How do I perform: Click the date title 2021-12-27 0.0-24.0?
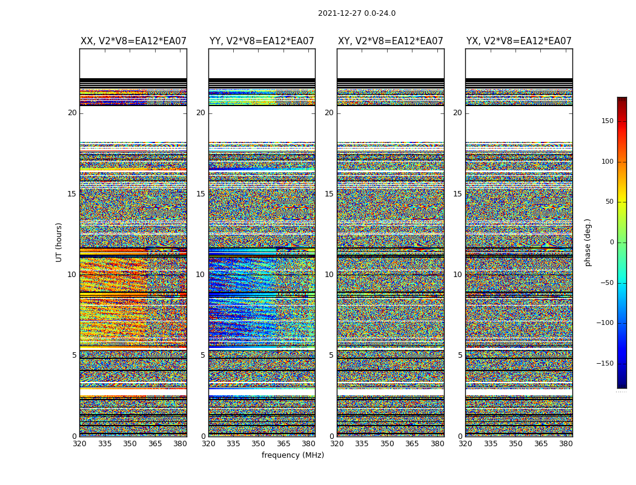point(356,13)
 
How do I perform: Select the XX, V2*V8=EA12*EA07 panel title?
point(133,41)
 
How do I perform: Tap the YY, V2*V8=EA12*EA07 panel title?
point(262,41)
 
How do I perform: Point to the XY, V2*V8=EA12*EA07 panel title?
point(390,41)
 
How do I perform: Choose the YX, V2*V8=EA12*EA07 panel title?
point(518,41)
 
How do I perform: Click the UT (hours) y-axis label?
point(59,242)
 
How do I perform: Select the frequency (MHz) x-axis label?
point(293,455)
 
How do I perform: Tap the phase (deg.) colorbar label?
point(588,242)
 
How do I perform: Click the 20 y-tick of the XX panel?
point(72,113)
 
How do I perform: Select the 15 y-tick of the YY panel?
point(200,194)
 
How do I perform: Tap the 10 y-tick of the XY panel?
point(329,275)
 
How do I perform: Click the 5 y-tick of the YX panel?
point(460,356)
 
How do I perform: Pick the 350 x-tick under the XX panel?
point(130,444)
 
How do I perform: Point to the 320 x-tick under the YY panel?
point(208,444)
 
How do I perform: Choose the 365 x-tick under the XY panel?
point(412,444)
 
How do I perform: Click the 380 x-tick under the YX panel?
point(566,444)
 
